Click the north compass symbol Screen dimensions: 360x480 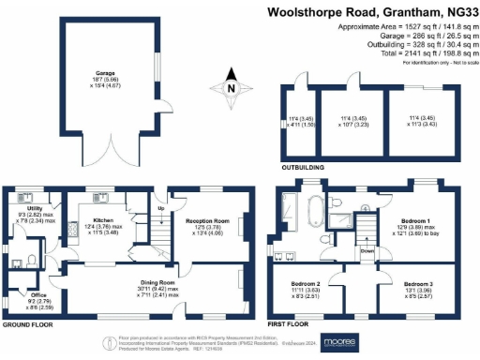pyautogui.click(x=232, y=90)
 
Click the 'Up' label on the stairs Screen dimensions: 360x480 pyautogui.click(x=160, y=207)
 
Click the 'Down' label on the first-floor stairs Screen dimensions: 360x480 pyautogui.click(x=368, y=251)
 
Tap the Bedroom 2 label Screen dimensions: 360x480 pyautogui.click(x=306, y=282)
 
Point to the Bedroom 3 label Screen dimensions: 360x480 pyautogui.click(x=419, y=282)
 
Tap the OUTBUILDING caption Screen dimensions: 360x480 pyautogui.click(x=303, y=167)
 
